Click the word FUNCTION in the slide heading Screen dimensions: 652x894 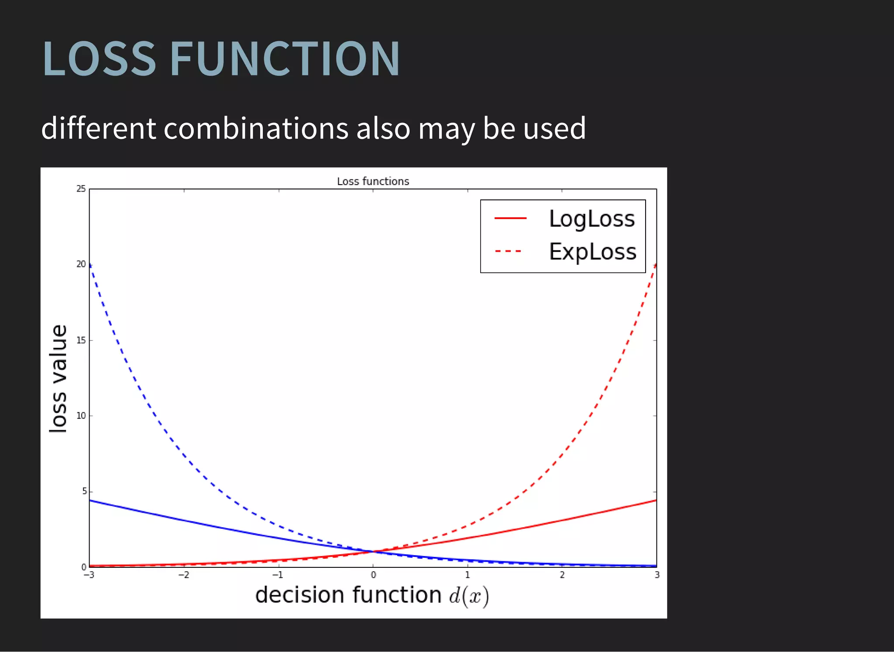285,58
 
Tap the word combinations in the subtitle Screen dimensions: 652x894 256,128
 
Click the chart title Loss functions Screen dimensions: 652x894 373,181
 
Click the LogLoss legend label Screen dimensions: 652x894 591,219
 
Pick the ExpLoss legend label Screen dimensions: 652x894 592,252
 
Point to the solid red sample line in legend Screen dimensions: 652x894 510,218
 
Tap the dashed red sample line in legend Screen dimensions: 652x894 509,251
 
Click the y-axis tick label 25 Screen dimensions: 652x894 81,189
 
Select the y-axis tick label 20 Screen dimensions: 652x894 81,264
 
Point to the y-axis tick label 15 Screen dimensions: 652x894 81,340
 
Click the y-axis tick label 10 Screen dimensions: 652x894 81,416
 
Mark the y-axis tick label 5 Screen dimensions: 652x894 84,491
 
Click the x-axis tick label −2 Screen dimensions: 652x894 184,575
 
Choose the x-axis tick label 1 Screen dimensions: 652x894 468,575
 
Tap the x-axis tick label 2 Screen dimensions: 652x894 562,575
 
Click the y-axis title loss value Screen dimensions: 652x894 58,379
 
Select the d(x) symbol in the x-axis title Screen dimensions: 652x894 469,596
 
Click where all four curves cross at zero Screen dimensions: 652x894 373,552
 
